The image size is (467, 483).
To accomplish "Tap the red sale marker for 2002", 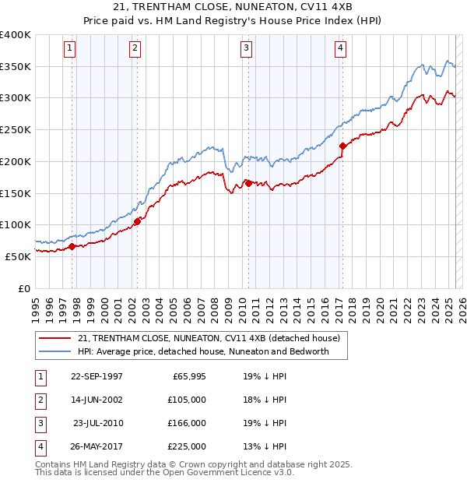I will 137,221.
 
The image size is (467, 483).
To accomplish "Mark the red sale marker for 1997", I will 72,246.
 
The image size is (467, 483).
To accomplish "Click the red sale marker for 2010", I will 248,182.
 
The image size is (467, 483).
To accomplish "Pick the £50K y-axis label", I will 19,256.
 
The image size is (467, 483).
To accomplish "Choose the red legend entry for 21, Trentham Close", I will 209,339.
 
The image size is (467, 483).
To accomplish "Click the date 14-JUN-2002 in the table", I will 97,400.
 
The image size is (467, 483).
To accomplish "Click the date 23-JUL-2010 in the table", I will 97,423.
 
